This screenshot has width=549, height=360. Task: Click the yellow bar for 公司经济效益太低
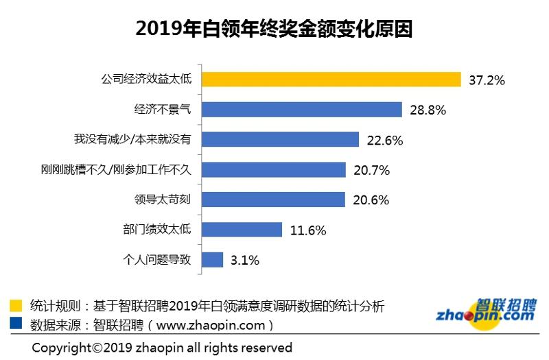(x=331, y=80)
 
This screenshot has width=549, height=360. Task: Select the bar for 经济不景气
(x=301, y=110)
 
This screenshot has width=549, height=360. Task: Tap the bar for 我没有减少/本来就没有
(x=280, y=140)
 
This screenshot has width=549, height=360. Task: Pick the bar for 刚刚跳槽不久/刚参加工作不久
(x=272, y=169)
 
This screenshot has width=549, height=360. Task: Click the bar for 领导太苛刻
(x=272, y=200)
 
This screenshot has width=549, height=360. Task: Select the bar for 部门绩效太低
(x=242, y=230)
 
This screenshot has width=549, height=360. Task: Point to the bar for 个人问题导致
(x=212, y=260)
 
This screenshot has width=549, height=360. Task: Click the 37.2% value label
(x=487, y=80)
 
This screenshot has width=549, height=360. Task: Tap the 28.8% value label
(x=428, y=110)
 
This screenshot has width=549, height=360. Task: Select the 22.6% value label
(x=385, y=140)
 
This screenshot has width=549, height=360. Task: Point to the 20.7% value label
(x=371, y=170)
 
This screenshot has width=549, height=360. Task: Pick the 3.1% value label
(x=245, y=261)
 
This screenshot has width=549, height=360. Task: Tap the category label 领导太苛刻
(x=162, y=200)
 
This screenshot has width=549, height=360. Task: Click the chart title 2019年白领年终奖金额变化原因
(x=274, y=29)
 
